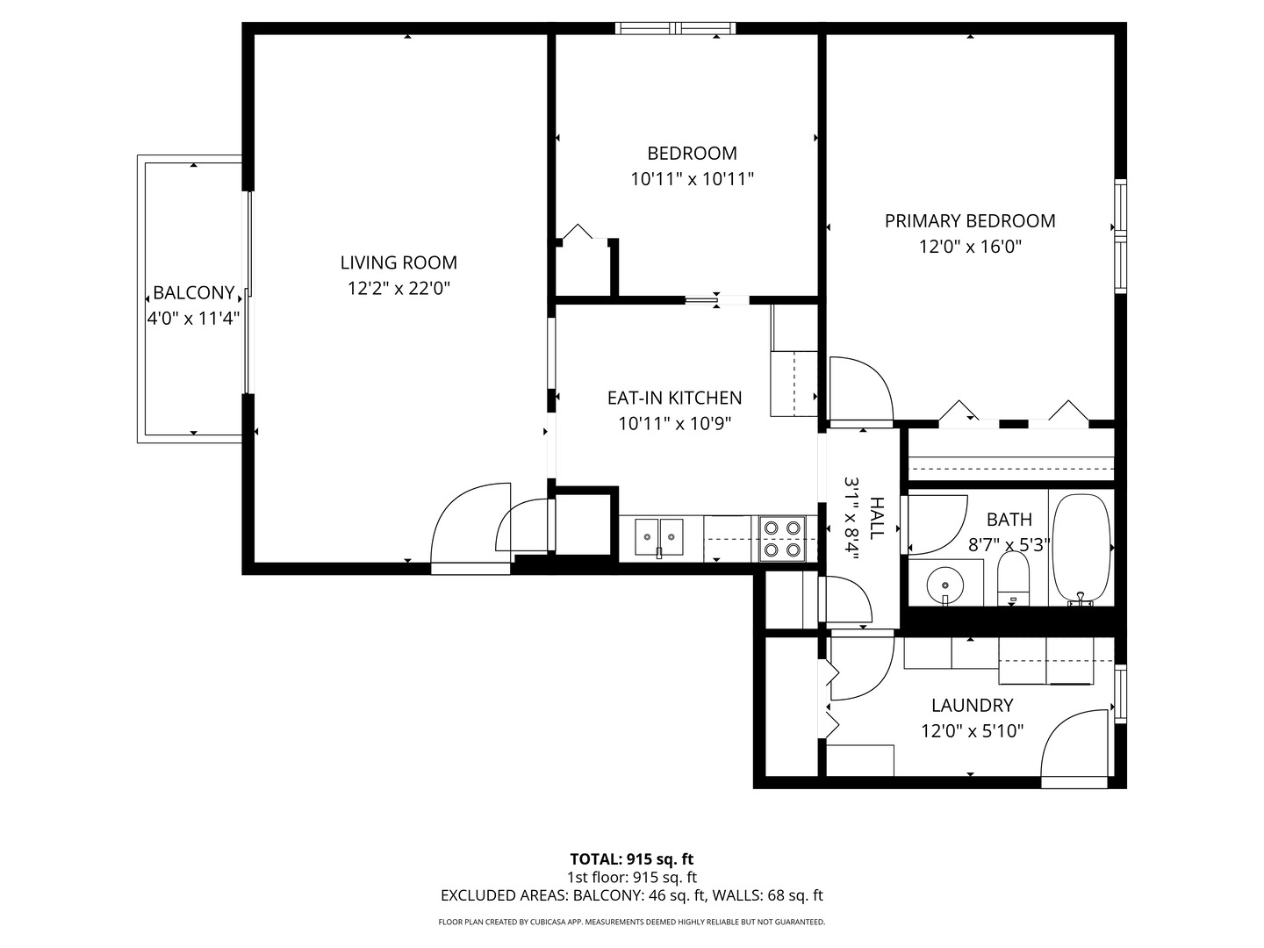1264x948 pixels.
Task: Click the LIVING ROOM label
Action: [x=399, y=262]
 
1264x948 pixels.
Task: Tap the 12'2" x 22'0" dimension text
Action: [x=399, y=288]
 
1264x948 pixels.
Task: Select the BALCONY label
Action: [x=193, y=293]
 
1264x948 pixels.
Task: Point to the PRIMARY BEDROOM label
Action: [x=970, y=221]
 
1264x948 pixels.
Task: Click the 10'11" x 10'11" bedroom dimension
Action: [x=692, y=179]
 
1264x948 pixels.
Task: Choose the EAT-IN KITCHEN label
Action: [x=674, y=398]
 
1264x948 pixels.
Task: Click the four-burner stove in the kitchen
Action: [x=782, y=539]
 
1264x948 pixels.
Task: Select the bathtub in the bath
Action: [x=1082, y=548]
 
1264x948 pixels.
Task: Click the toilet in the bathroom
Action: [x=1013, y=578]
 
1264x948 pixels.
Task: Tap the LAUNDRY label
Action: [x=972, y=705]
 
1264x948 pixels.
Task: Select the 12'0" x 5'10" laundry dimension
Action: [x=972, y=731]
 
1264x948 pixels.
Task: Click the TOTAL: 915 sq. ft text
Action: [x=631, y=859]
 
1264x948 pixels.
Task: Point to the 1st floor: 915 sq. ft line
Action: [x=631, y=877]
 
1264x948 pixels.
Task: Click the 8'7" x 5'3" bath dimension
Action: [x=1009, y=544]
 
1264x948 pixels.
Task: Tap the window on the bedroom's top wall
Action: [x=675, y=29]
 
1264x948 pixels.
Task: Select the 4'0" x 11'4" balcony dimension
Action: [x=193, y=319]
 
